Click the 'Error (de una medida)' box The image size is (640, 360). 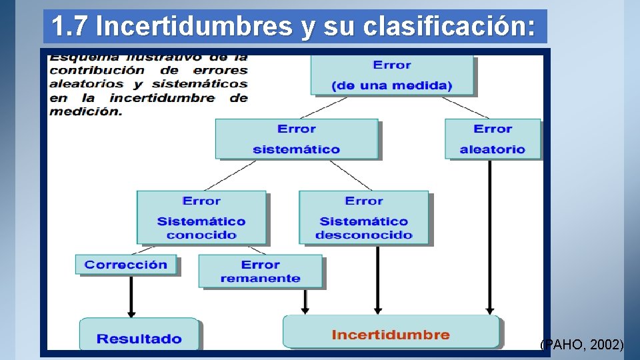coord(392,75)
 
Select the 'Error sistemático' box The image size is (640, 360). coord(297,139)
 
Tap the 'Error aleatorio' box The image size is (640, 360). coord(493,139)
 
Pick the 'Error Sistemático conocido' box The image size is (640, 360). coord(201,217)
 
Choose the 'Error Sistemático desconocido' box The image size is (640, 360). coord(364,217)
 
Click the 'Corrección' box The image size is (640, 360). coord(126,265)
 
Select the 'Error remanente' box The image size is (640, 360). coord(260,271)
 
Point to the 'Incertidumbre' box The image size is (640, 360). coord(391,332)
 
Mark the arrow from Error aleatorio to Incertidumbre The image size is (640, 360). coord(490,237)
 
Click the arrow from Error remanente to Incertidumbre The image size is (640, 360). coord(305,301)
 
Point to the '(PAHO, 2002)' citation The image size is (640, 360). coord(581,345)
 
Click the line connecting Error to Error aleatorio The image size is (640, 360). coord(465,107)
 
